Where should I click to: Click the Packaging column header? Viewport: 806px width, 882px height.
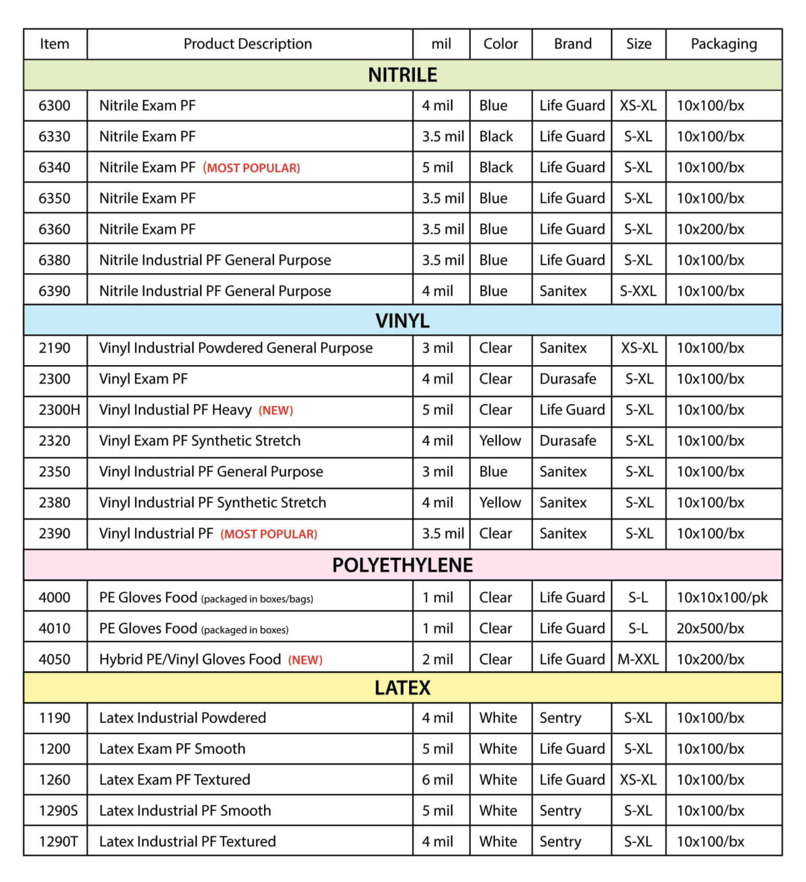point(723,44)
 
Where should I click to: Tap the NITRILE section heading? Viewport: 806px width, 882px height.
point(402,75)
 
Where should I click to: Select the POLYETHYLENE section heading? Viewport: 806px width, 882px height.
point(402,565)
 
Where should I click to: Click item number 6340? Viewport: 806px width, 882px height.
point(54,167)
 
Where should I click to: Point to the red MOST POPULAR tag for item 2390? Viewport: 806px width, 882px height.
point(269,534)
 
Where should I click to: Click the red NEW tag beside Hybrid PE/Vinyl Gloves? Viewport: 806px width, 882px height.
point(305,660)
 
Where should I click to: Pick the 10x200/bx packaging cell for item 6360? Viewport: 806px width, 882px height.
point(710,229)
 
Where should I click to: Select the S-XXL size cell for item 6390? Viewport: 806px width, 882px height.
point(638,291)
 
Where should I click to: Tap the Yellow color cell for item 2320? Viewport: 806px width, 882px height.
point(500,441)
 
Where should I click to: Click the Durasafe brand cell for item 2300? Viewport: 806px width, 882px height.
point(568,379)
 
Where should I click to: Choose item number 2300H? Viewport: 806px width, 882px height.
point(59,410)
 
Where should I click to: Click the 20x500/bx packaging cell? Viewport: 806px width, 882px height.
point(710,629)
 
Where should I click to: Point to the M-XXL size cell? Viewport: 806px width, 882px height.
point(638,660)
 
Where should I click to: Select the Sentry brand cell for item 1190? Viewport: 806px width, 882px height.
point(560,718)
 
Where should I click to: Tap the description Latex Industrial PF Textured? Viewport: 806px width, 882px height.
point(187,842)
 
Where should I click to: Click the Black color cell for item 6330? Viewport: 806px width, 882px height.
point(496,136)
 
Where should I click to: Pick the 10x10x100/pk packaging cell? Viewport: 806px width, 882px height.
point(722,598)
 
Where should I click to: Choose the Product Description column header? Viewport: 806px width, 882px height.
point(248,44)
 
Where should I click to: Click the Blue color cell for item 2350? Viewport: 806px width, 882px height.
point(493,472)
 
